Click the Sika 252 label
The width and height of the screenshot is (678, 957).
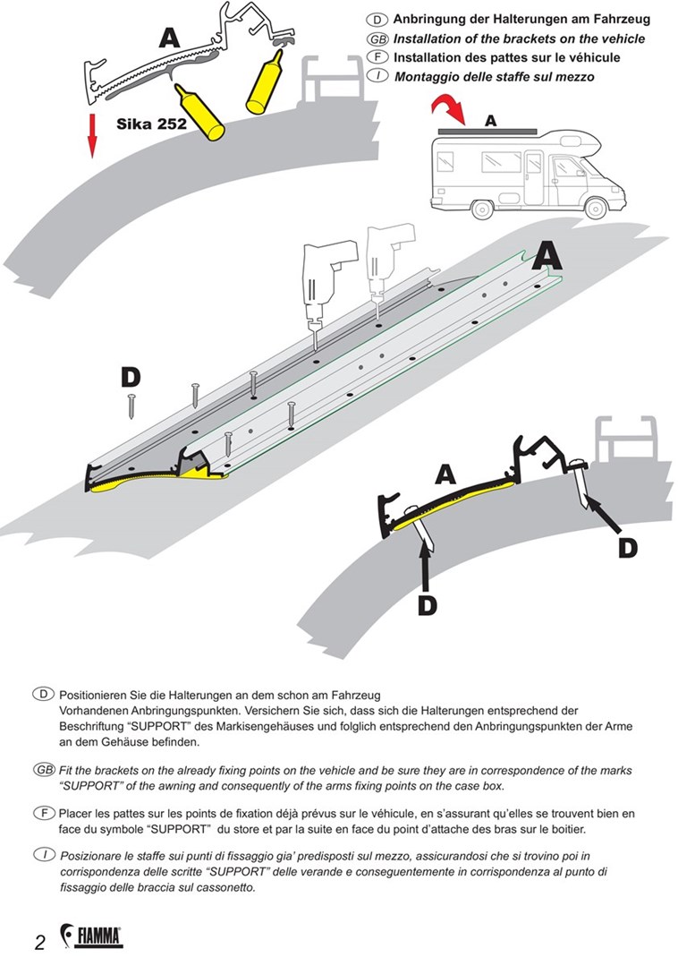(x=151, y=124)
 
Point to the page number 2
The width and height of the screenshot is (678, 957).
(x=40, y=941)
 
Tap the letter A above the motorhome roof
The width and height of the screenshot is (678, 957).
(x=490, y=120)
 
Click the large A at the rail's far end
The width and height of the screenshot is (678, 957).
(x=547, y=256)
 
